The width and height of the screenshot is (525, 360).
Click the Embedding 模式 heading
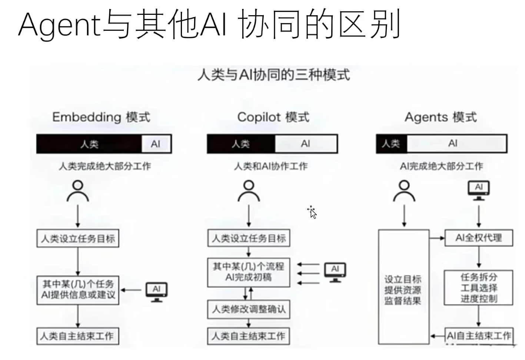click(x=101, y=117)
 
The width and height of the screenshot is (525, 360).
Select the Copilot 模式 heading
click(x=273, y=117)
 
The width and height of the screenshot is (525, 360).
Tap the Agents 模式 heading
click(x=441, y=117)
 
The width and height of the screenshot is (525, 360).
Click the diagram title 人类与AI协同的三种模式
click(x=273, y=75)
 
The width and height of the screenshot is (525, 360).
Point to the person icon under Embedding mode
click(x=78, y=191)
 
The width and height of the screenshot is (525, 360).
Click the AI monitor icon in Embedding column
click(x=156, y=292)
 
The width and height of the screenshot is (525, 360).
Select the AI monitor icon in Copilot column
click(x=335, y=272)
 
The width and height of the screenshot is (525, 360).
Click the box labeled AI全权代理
click(x=479, y=238)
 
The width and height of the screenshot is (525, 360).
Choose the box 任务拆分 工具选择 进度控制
click(x=479, y=288)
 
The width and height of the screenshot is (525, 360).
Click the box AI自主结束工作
click(x=479, y=336)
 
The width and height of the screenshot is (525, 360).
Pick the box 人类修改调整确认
click(x=249, y=309)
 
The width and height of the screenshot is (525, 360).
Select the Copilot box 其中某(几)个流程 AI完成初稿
click(x=249, y=272)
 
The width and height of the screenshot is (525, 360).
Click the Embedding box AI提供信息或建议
click(x=78, y=290)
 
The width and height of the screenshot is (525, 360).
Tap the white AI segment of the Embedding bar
click(x=156, y=144)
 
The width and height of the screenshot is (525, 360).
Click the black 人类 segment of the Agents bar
click(x=391, y=143)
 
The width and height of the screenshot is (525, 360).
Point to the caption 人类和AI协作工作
click(x=270, y=166)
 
